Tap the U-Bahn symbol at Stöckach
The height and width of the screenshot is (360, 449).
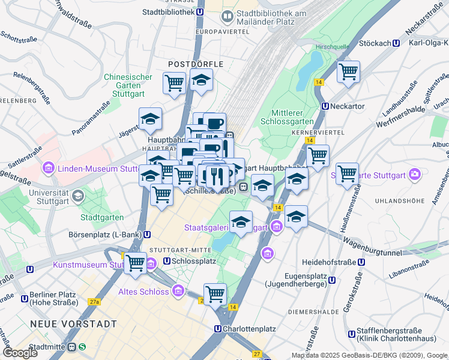(x=396, y=43)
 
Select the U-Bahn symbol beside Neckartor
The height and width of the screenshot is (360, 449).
(x=325, y=106)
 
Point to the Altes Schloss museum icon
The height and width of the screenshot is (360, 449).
(x=177, y=292)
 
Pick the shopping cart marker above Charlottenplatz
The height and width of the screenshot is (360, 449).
(x=215, y=295)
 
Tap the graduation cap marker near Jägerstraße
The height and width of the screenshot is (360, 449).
(x=150, y=119)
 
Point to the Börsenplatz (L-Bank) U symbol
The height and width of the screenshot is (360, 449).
(x=147, y=234)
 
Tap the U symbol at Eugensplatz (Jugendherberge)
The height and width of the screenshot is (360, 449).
(x=331, y=280)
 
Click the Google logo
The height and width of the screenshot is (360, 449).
(x=20, y=353)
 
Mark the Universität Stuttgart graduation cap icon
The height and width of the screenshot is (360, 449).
(x=77, y=196)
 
